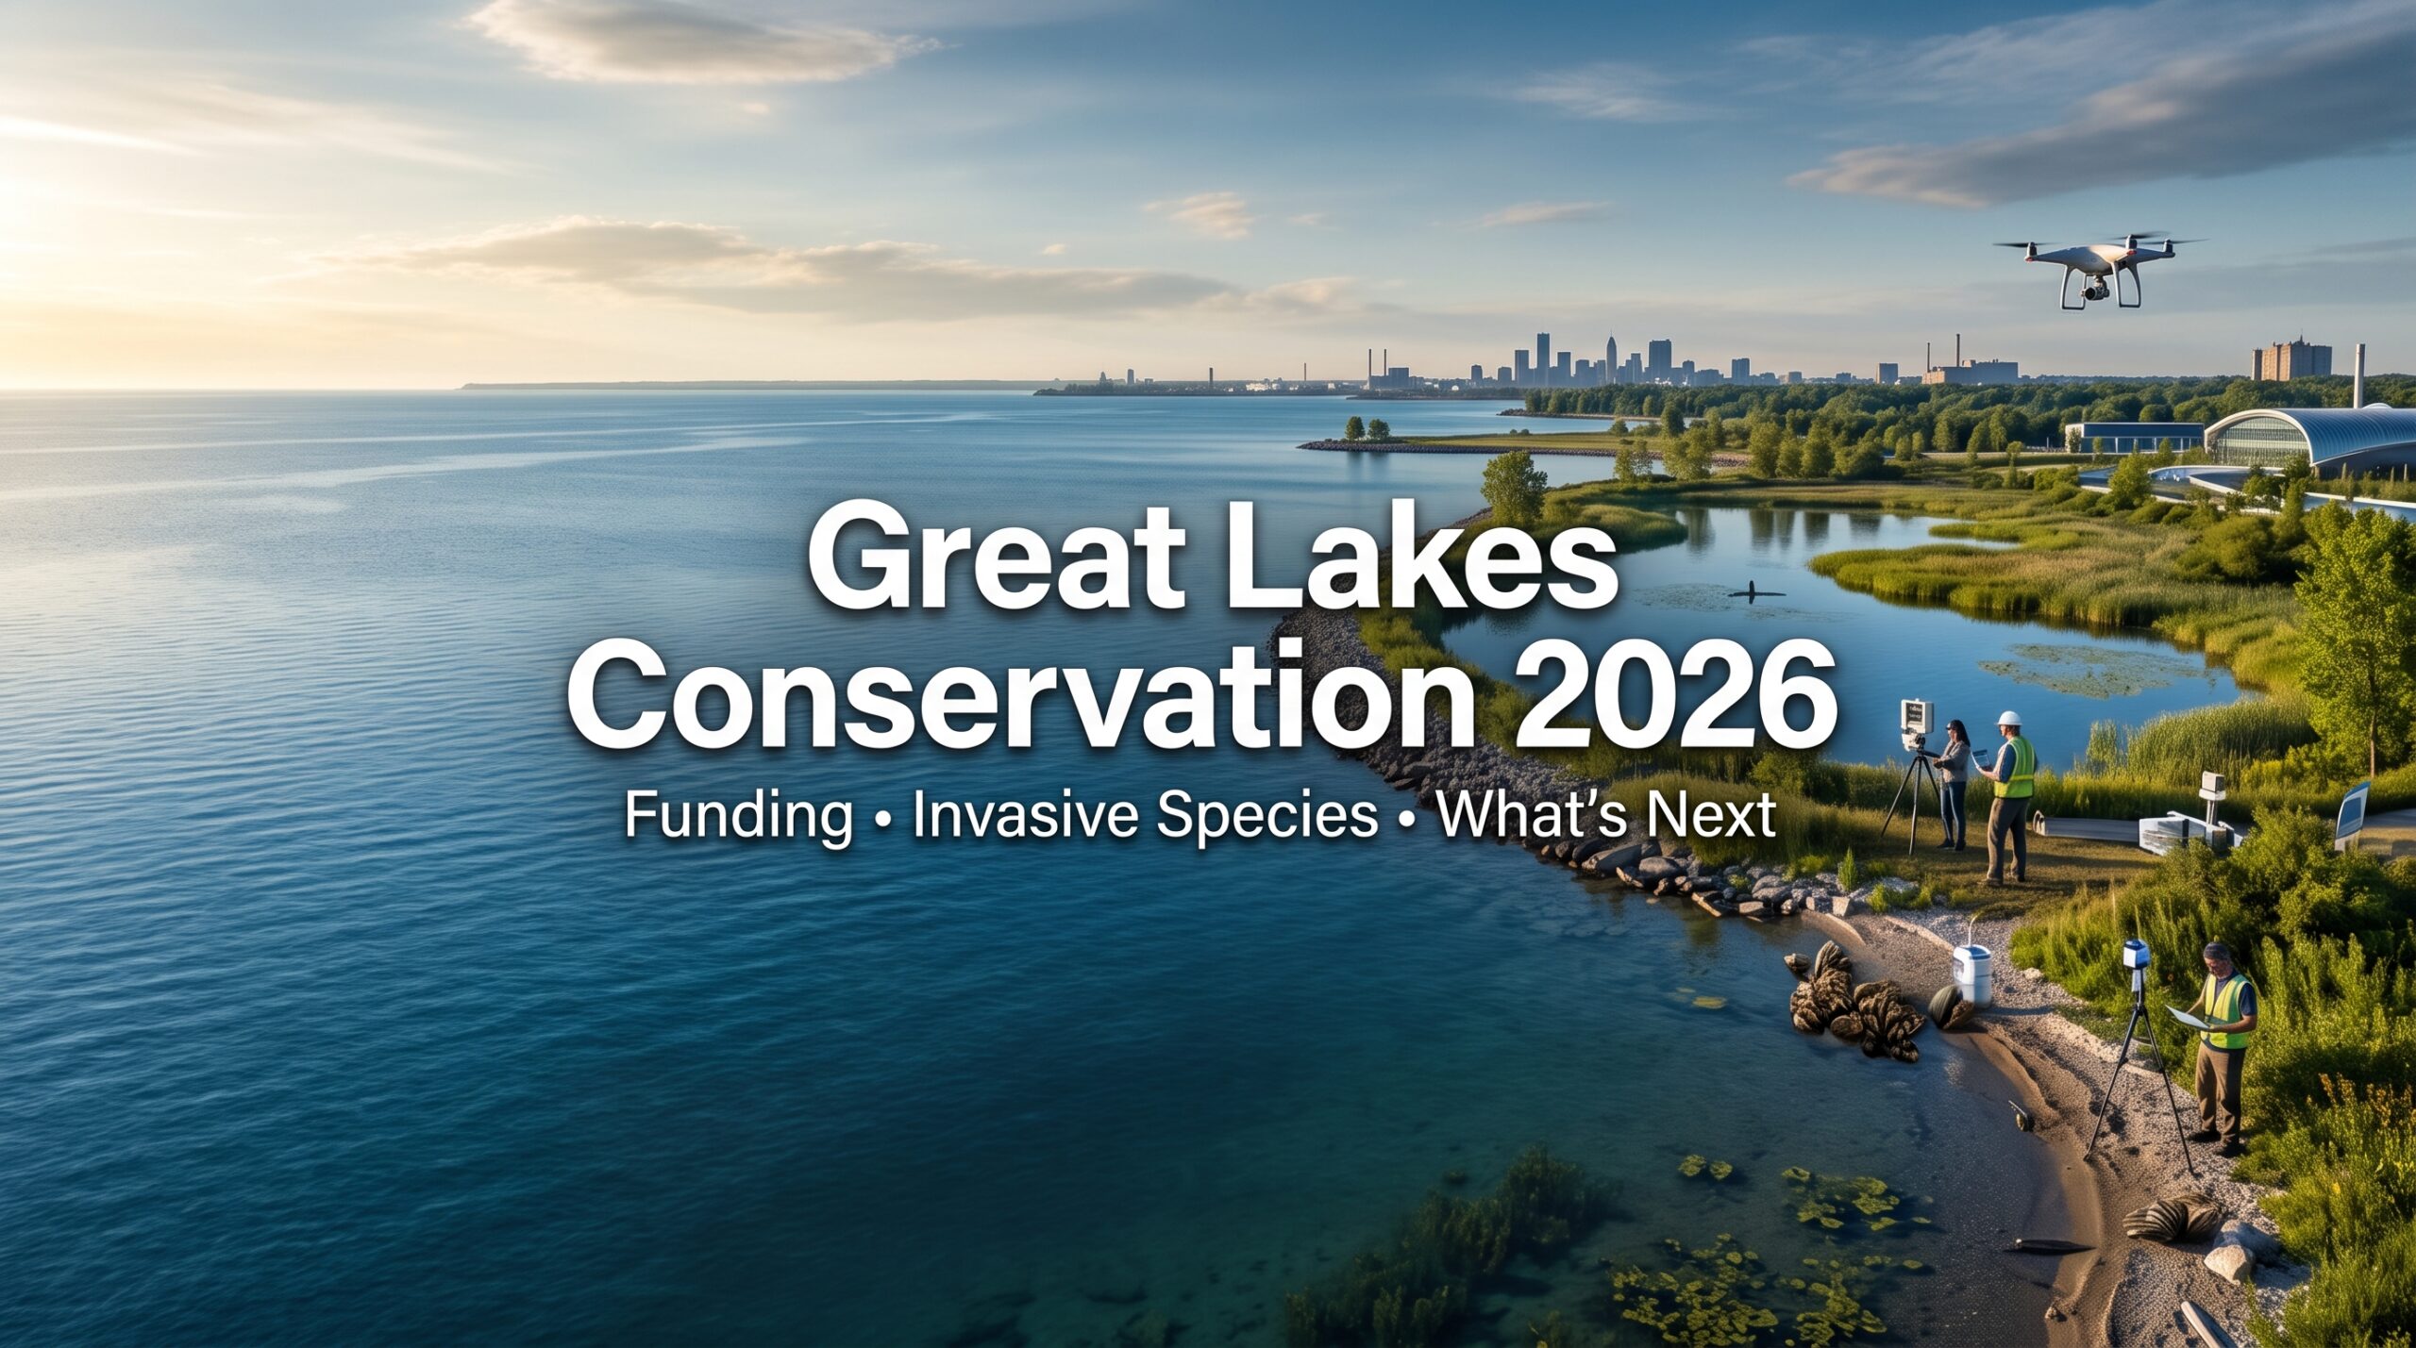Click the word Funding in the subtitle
(x=738, y=817)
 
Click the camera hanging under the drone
(x=2094, y=288)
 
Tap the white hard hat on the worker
(x=2007, y=718)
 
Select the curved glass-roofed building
(x=2312, y=440)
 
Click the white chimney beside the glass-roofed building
(x=2358, y=375)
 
